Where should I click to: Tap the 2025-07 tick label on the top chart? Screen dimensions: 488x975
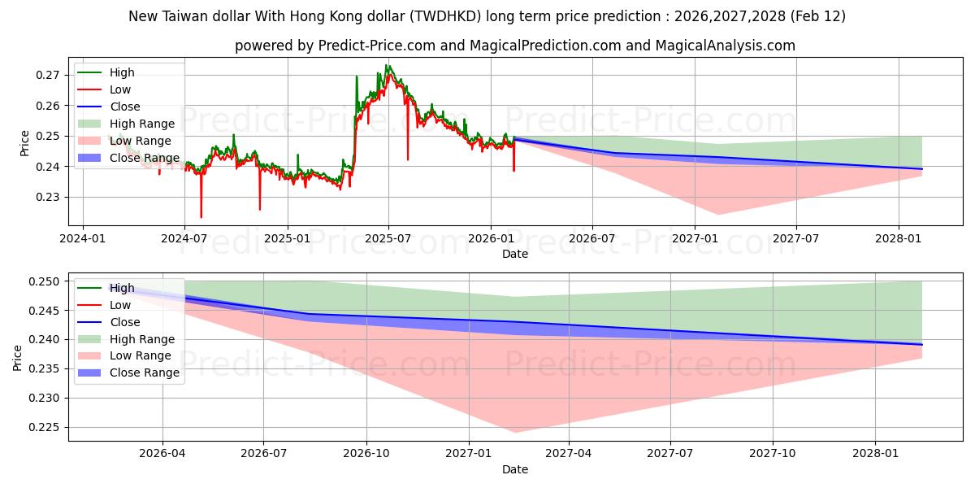click(x=388, y=239)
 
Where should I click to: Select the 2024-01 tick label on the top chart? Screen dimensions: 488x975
click(x=83, y=239)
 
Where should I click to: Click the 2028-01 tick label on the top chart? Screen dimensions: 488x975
click(x=899, y=239)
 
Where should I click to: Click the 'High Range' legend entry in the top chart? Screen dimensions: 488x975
click(x=142, y=124)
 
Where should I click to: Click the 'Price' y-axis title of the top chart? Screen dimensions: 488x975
click(x=24, y=143)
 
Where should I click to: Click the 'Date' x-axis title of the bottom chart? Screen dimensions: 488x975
click(x=515, y=469)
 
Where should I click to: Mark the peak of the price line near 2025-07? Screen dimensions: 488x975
click(x=388, y=66)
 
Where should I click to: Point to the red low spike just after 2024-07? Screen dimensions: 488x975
click(x=201, y=217)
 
